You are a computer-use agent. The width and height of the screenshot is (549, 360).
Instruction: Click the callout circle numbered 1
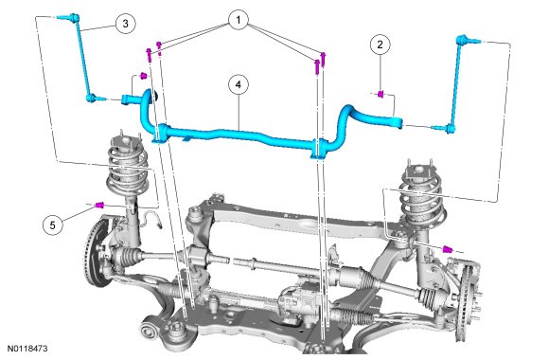[x=239, y=20]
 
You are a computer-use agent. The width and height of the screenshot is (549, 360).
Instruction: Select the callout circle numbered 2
[x=380, y=45]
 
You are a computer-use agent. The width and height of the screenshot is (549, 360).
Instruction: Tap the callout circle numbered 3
[x=125, y=24]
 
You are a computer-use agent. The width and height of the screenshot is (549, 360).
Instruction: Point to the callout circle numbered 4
[x=239, y=85]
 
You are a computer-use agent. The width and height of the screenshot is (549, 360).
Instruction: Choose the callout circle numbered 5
[x=53, y=225]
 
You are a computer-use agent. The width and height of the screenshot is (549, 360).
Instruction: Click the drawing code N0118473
[x=27, y=349]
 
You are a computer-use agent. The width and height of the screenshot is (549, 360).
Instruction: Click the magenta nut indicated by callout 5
[x=99, y=205]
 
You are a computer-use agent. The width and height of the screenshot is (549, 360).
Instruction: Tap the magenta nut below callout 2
[x=381, y=94]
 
